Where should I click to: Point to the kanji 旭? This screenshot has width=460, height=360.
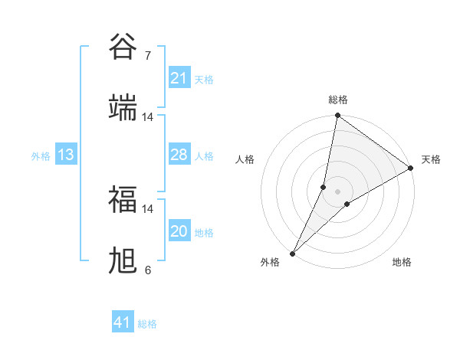click(x=123, y=260)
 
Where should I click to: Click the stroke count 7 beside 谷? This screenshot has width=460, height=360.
click(x=147, y=56)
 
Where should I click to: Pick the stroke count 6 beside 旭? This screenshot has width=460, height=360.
click(x=147, y=270)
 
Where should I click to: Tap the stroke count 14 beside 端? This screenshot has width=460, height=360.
click(x=147, y=117)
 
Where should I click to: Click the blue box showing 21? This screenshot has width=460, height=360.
click(x=179, y=78)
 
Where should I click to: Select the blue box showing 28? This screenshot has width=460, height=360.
click(x=179, y=155)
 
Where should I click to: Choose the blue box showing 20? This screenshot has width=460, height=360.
click(x=179, y=231)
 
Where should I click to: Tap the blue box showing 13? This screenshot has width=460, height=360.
click(x=66, y=155)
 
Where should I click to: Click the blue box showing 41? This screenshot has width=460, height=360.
click(x=123, y=322)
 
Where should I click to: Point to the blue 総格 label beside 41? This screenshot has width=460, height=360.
click(x=148, y=324)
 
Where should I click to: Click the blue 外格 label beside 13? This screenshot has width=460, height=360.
click(x=41, y=156)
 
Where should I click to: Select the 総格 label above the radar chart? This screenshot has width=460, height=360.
click(x=338, y=100)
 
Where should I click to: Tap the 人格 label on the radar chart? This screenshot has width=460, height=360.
click(x=245, y=159)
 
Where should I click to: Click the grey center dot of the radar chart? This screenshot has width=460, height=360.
click(x=338, y=191)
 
